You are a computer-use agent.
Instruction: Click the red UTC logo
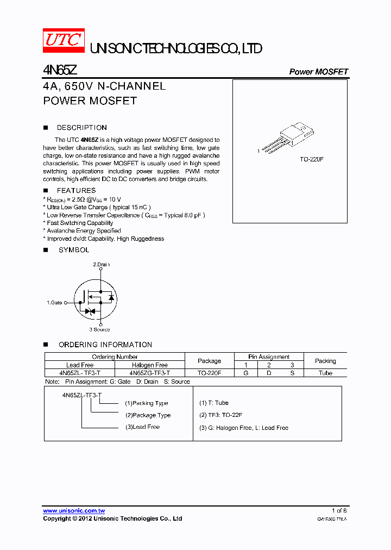[x=64, y=40]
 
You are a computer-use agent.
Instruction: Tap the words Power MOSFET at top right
[x=318, y=72]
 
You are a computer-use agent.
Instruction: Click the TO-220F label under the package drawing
[x=312, y=160]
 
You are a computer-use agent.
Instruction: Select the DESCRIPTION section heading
[x=82, y=128]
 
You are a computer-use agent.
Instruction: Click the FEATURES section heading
[x=77, y=190]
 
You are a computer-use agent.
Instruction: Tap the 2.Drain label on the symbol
[x=101, y=265]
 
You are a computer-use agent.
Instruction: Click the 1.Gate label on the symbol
[x=54, y=302]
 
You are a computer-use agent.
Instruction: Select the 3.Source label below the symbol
[x=99, y=329]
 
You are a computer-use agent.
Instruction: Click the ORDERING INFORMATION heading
[x=105, y=345]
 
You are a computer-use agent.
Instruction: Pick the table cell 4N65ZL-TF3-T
[x=80, y=373]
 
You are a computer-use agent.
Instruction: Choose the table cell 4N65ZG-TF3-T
[x=150, y=373]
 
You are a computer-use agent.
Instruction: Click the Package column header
[x=209, y=361]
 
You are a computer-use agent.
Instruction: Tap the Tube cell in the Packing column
[x=325, y=373]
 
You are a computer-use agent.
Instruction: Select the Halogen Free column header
[x=150, y=365]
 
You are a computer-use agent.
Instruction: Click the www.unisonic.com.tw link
[x=74, y=511]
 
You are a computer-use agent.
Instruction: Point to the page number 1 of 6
[x=339, y=511]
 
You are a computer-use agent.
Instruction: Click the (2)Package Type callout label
[x=148, y=415]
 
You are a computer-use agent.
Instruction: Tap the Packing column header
[x=325, y=361]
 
